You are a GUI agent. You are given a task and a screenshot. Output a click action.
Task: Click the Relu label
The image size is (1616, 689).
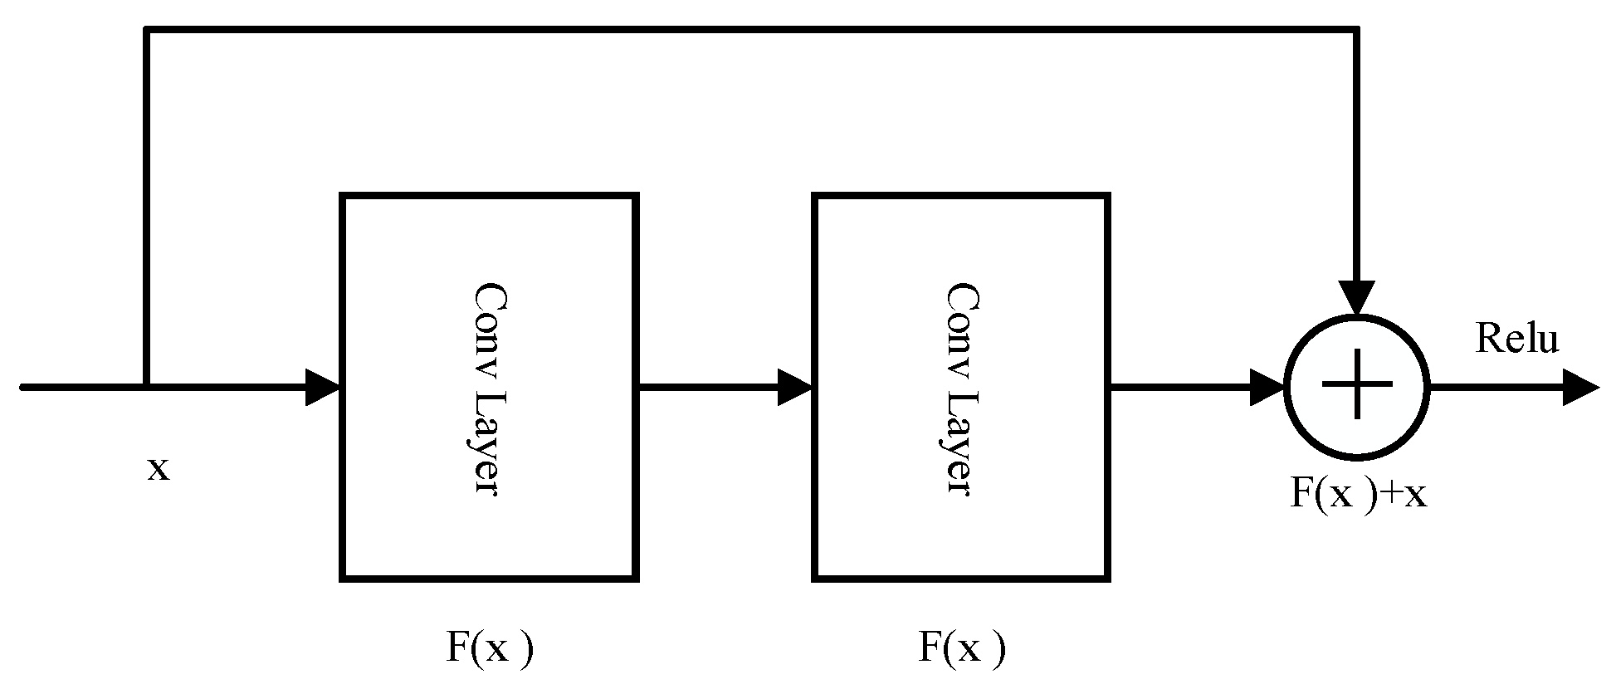(1516, 340)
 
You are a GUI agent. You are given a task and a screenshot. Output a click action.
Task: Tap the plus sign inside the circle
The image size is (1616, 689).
(1357, 385)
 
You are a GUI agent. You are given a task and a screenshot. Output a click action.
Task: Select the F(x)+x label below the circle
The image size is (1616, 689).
(1359, 495)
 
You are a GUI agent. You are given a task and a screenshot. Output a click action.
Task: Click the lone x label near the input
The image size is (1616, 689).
(158, 470)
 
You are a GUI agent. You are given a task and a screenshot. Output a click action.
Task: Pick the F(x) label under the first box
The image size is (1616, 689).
(489, 647)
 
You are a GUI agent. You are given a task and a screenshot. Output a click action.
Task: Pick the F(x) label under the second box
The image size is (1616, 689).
(961, 647)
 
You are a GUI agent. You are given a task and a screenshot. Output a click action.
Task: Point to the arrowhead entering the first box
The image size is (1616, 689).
(324, 387)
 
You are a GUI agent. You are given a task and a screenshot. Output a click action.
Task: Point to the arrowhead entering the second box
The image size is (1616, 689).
(794, 387)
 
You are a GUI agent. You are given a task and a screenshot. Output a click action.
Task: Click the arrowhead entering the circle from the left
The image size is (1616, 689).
(1267, 387)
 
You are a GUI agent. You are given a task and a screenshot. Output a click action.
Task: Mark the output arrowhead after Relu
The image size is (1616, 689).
(1579, 387)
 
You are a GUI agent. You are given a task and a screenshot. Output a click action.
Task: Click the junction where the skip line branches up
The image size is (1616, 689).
(146, 387)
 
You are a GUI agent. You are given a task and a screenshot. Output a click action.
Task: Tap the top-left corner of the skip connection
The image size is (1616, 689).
(146, 31)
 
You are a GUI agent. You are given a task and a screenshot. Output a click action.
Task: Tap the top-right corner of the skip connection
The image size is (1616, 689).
(1357, 31)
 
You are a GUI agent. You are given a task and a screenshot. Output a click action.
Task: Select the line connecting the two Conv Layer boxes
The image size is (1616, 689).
(705, 387)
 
